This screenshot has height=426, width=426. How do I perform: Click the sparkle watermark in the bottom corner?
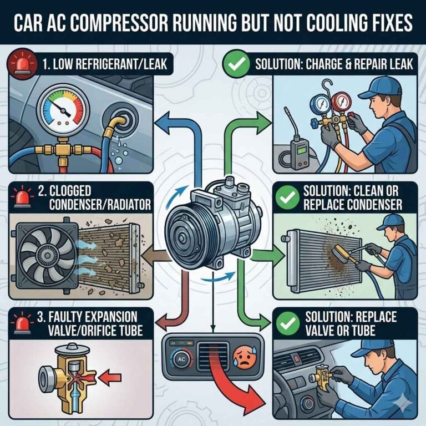410,409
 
